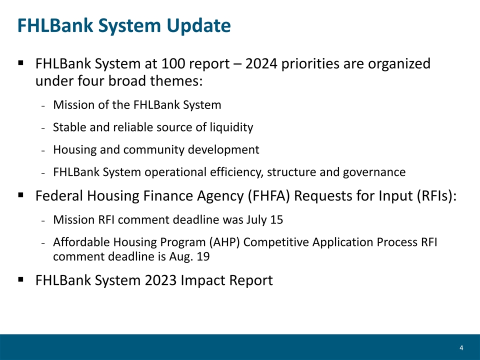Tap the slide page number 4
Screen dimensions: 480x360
coord(461,348)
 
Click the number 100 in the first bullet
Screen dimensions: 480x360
coord(173,63)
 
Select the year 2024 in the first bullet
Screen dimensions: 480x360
coord(261,63)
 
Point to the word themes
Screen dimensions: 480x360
coord(176,81)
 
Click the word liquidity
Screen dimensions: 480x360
coord(231,127)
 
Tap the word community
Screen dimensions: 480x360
coord(153,149)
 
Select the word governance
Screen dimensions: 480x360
coord(374,172)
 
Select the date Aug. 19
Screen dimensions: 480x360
coord(189,256)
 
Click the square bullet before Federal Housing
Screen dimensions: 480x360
coord(21,195)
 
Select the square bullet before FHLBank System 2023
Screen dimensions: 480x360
coord(21,279)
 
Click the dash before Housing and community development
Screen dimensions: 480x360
coord(43,151)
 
